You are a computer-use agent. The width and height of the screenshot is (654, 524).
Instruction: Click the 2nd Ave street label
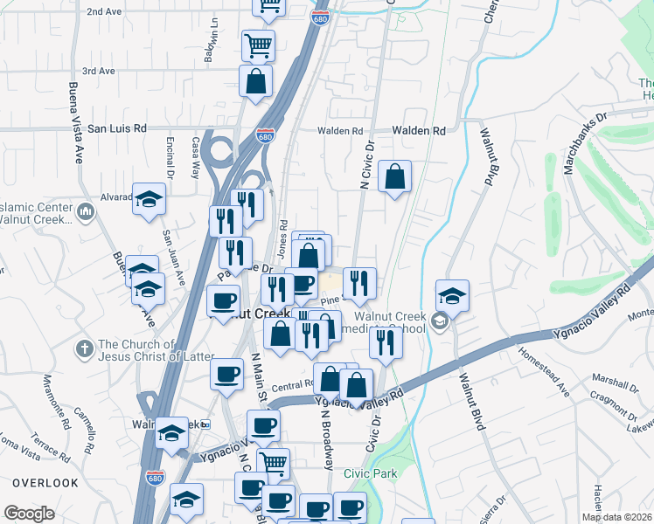point(104,12)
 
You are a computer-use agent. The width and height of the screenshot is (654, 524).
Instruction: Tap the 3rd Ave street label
point(99,71)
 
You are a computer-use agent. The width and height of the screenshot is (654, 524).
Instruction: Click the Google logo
point(29,514)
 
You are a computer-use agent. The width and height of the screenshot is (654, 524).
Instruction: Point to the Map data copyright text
point(616,517)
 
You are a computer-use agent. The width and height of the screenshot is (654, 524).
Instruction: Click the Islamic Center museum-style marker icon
point(86,211)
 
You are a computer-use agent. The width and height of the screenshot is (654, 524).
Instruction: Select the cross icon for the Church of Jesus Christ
point(83,348)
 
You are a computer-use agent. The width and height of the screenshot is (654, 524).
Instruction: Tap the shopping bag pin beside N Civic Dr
point(395,177)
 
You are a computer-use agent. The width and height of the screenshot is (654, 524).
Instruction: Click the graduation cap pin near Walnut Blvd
point(452,296)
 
